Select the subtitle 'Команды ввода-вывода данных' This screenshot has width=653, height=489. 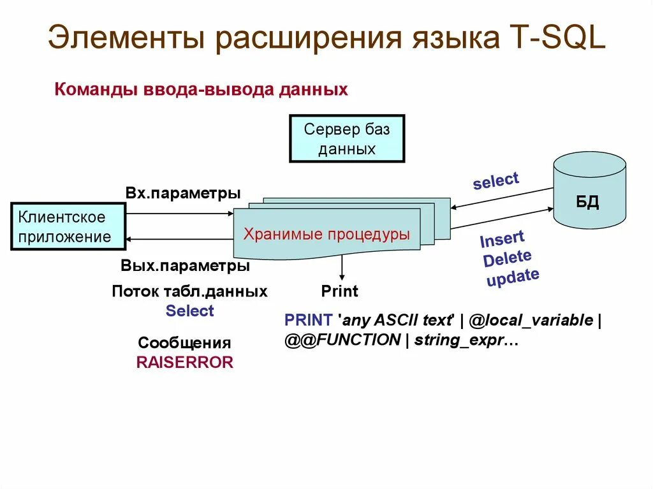tap(202, 89)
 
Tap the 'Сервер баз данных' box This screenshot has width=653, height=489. tap(347, 139)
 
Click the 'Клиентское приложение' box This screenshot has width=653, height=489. tap(67, 227)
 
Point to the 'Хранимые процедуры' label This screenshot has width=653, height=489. tap(327, 234)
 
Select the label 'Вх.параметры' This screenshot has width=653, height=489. tap(183, 193)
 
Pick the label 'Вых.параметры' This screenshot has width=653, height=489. tap(185, 266)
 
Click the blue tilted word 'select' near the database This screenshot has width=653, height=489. tap(496, 180)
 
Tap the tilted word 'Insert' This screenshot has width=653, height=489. tap(502, 241)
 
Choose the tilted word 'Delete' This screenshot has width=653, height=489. tap(507, 258)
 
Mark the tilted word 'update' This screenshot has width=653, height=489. tap(513, 277)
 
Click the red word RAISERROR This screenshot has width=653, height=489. tap(185, 363)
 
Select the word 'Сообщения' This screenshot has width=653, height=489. tap(184, 343)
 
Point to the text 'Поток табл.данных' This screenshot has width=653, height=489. tap(189, 292)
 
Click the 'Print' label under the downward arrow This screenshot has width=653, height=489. tap(339, 292)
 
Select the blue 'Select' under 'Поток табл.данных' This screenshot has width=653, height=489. tap(189, 311)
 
